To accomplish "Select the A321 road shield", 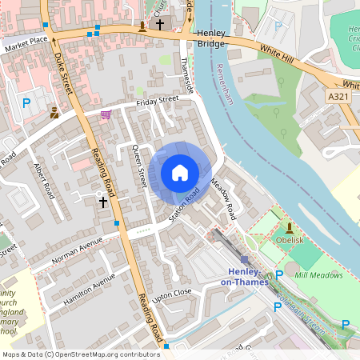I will point(338,96).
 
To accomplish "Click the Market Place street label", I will point(26,41).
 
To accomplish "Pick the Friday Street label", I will point(157,100).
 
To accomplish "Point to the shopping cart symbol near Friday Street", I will point(106,115).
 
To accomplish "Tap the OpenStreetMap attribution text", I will point(80,354).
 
